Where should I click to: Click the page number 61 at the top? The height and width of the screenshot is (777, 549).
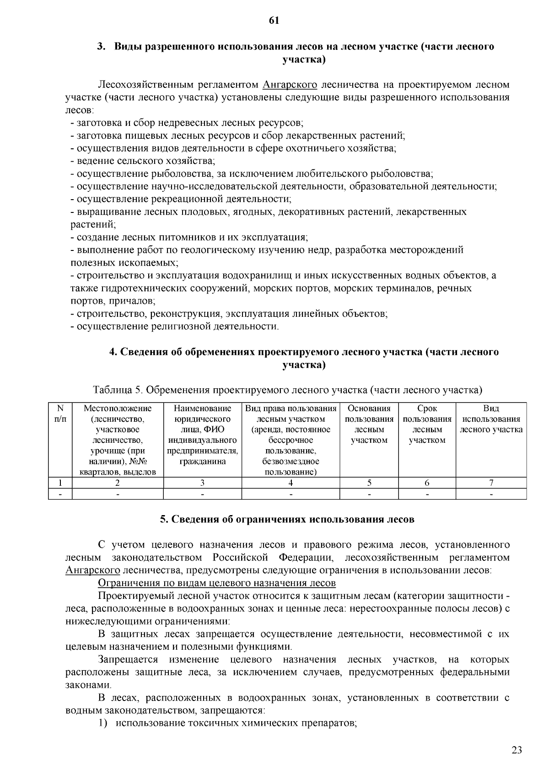click(274, 21)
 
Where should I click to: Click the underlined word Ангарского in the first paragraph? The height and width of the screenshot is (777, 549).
click(290, 85)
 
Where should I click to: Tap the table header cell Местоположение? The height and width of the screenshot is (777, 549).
click(118, 408)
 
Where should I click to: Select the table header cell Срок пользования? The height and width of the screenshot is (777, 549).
click(427, 424)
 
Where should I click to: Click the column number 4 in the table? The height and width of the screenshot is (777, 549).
click(291, 483)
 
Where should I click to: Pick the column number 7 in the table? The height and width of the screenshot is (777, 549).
click(491, 483)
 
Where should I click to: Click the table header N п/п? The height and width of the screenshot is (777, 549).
click(60, 413)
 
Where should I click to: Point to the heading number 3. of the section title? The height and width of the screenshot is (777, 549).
click(101, 47)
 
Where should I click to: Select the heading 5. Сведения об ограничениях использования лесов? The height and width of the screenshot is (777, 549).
click(287, 519)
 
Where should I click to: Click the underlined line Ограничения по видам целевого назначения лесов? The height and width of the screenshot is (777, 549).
click(217, 583)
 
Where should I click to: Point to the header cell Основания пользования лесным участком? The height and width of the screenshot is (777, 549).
click(369, 424)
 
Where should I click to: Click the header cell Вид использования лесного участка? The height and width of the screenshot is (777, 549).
click(491, 419)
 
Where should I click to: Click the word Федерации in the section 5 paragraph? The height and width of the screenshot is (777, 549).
click(305, 558)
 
